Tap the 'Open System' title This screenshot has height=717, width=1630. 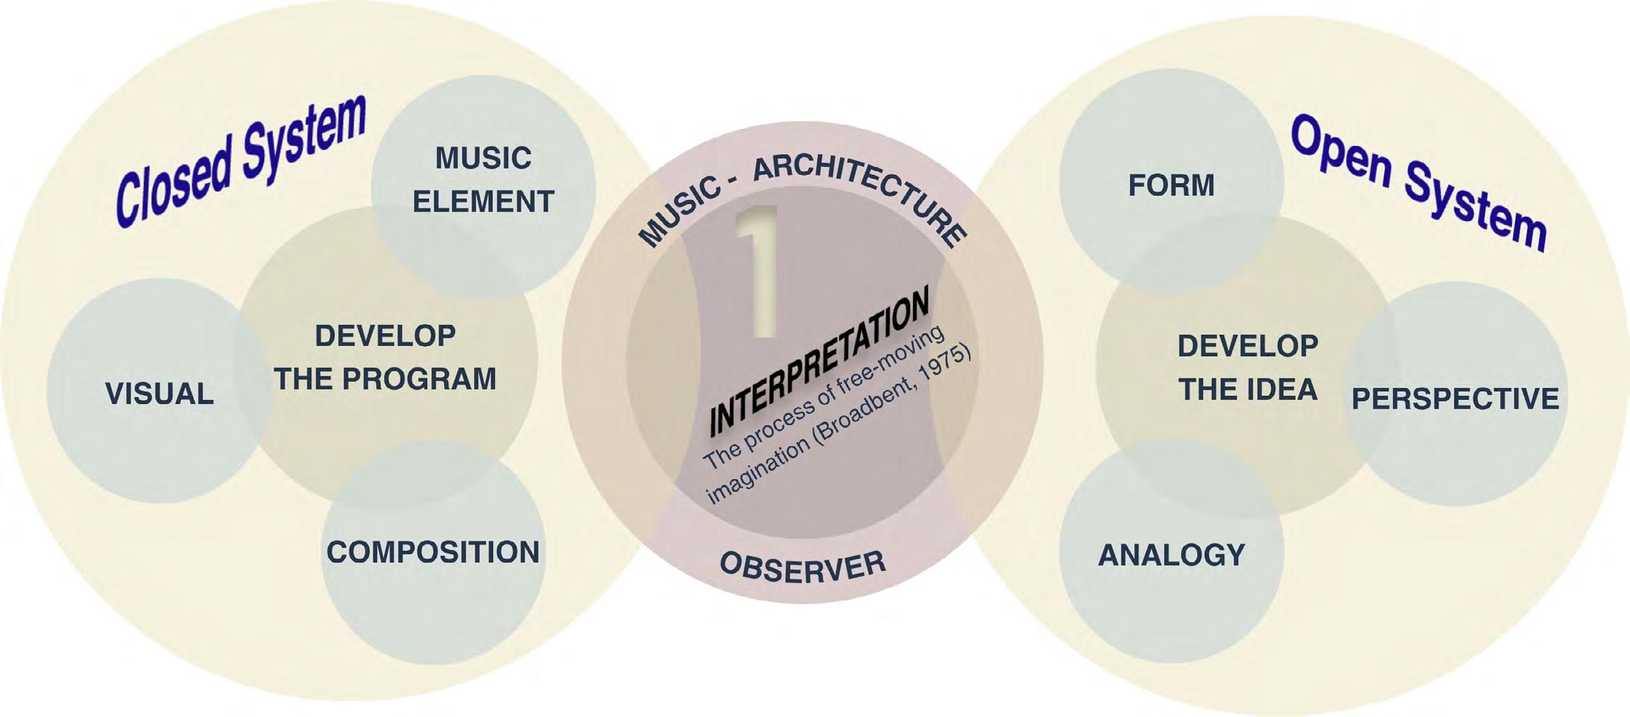pos(1418,182)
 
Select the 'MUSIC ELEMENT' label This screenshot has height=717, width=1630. pos(483,180)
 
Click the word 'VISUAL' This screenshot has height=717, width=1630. pos(159,394)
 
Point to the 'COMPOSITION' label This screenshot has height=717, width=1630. pos(433,552)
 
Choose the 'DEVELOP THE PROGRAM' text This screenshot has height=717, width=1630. pos(385,357)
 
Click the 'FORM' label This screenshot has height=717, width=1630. pos(1171,185)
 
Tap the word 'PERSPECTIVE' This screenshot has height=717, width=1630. pos(1455,398)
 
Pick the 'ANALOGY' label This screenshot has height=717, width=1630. pos(1171,555)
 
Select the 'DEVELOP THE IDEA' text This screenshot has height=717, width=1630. pos(1248,368)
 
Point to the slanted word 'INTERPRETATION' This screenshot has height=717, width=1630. pos(819,361)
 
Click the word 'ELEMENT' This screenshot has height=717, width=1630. pos(483,201)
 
